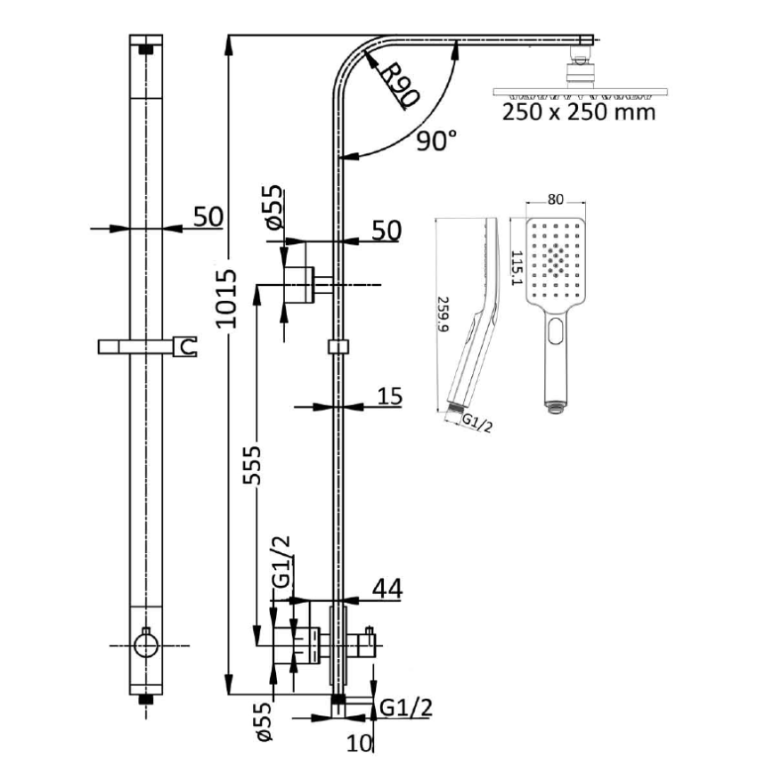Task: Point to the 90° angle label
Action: (x=436, y=140)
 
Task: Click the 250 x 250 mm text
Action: (x=578, y=112)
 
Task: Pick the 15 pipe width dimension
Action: (x=390, y=395)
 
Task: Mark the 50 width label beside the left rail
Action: (x=208, y=216)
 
